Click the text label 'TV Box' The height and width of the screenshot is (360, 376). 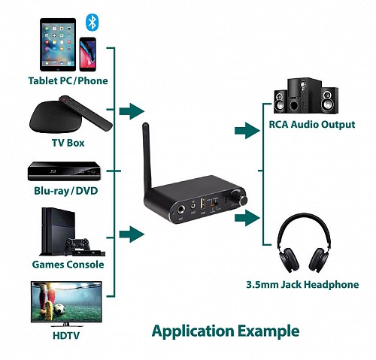tap(68, 142)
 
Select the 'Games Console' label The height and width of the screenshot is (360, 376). tap(68, 265)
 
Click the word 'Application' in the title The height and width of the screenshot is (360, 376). tap(193, 331)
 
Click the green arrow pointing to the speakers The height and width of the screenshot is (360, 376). tap(247, 132)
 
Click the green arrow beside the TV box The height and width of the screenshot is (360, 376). tap(132, 112)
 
